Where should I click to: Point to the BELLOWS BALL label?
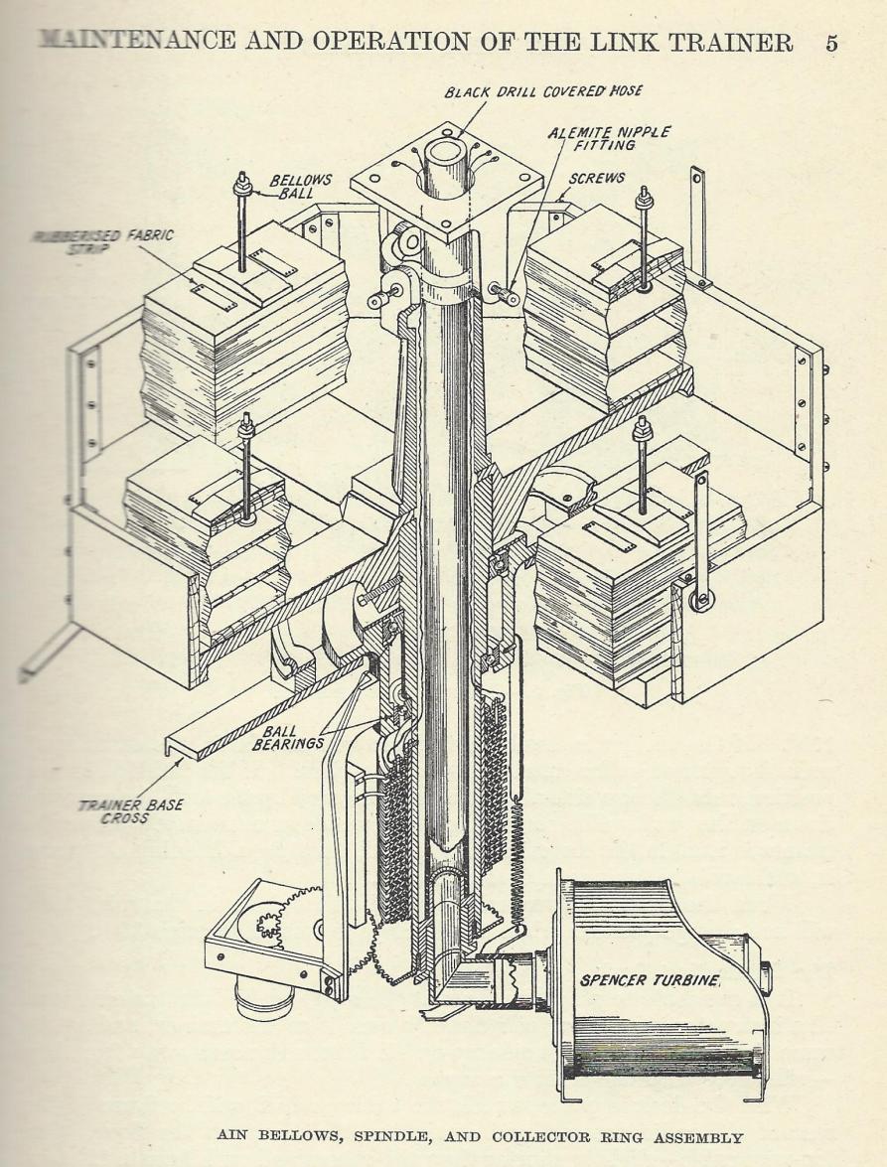pos(300,186)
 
